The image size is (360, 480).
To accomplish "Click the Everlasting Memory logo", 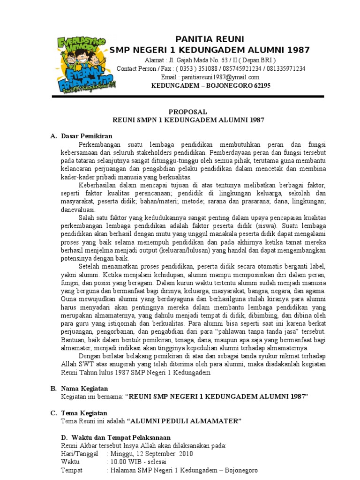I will [x=85, y=65].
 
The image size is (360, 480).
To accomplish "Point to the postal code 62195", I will [x=262, y=85].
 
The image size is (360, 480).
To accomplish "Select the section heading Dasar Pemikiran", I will [x=86, y=136].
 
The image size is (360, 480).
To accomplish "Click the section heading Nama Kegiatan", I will [x=84, y=389].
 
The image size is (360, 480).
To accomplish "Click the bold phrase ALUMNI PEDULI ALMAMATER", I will [x=185, y=421].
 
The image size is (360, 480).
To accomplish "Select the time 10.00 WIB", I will [x=123, y=462].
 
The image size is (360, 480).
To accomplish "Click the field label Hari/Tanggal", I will [x=80, y=454].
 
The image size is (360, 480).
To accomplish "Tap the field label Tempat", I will [x=72, y=470].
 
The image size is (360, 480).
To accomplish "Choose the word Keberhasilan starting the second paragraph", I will [x=99, y=185].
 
